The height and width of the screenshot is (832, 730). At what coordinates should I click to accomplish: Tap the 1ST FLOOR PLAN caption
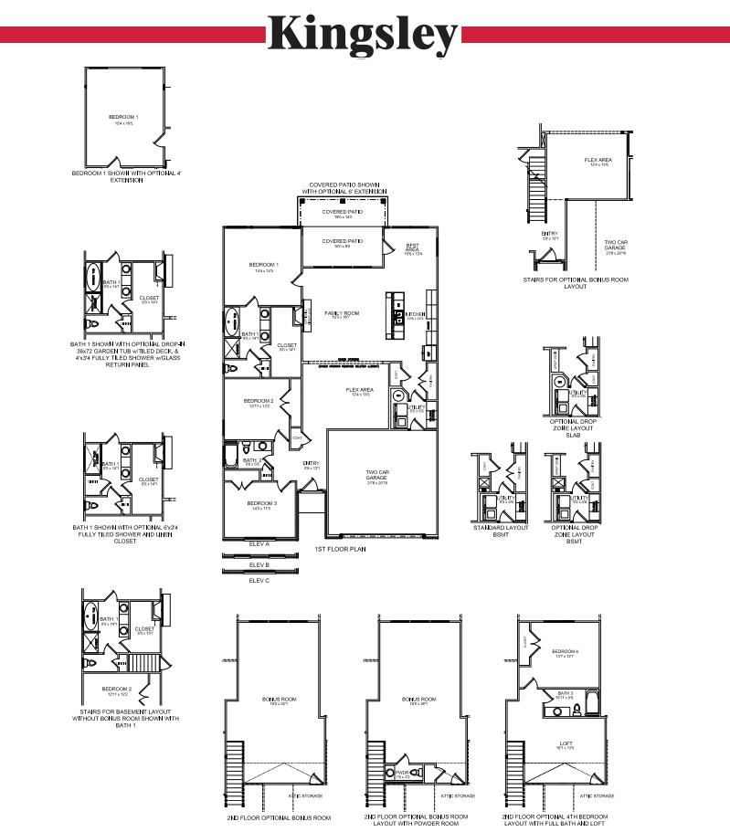click(341, 550)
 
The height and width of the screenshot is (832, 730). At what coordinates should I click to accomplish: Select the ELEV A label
click(259, 543)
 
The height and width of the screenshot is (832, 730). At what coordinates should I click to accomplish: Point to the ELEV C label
click(259, 580)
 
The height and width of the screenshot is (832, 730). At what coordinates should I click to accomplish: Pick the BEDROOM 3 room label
click(261, 503)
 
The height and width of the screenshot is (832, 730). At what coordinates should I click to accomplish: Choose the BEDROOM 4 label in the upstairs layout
click(565, 652)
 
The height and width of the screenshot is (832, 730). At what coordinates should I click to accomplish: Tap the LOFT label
click(565, 743)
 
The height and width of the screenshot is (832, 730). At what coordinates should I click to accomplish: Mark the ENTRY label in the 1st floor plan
click(311, 463)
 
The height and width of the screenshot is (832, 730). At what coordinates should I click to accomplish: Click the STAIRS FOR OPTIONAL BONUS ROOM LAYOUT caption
click(575, 283)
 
